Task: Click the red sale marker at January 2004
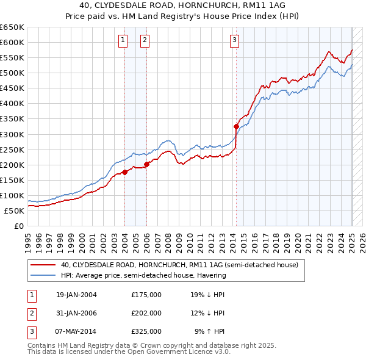coord(124,172)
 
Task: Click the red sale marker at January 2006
coord(146,164)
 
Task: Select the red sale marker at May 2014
coord(236,126)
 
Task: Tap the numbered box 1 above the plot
coord(123,41)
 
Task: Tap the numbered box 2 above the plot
coord(145,41)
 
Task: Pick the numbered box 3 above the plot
coord(235,41)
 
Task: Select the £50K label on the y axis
coord(15,211)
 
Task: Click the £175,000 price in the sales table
coord(146,295)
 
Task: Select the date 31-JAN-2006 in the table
coord(76,313)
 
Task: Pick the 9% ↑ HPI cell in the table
coord(210,331)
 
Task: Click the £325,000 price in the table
coord(146,331)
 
